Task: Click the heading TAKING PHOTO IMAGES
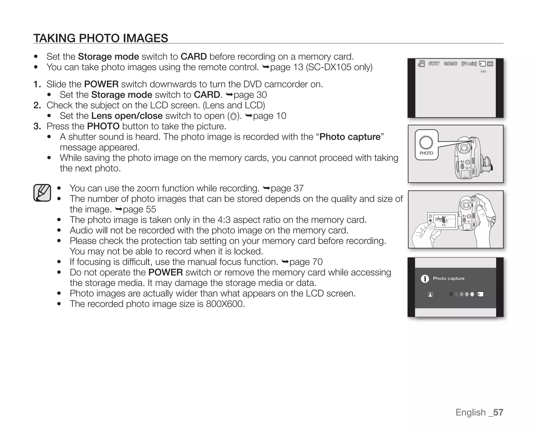pyautogui.click(x=101, y=38)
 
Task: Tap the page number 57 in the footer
pyautogui.click(x=498, y=412)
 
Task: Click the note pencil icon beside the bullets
pyautogui.click(x=42, y=193)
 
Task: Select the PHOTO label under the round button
pyautogui.click(x=426, y=153)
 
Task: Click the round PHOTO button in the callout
pyautogui.click(x=426, y=143)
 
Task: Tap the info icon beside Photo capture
pyautogui.click(x=425, y=279)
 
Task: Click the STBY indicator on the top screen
pyautogui.click(x=434, y=64)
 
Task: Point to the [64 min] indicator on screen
pyautogui.click(x=469, y=64)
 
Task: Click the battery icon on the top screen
pyautogui.click(x=490, y=64)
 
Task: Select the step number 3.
pyautogui.click(x=37, y=126)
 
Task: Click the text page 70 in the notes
pyautogui.click(x=306, y=262)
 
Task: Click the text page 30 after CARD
pyautogui.click(x=250, y=95)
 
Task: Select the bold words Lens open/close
pyautogui.click(x=127, y=116)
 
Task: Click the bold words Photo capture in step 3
pyautogui.click(x=350, y=137)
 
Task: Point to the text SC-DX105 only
pyautogui.click(x=339, y=67)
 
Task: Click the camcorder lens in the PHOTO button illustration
pyautogui.click(x=464, y=148)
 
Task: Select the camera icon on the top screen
pyautogui.click(x=421, y=64)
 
